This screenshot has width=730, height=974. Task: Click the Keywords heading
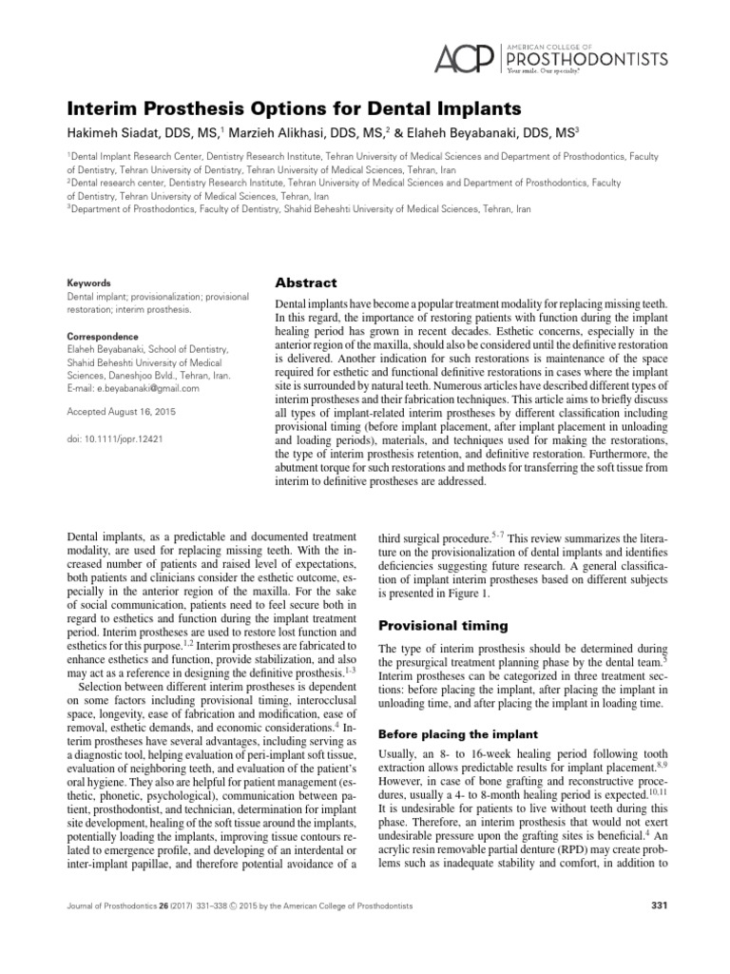coord(88,282)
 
